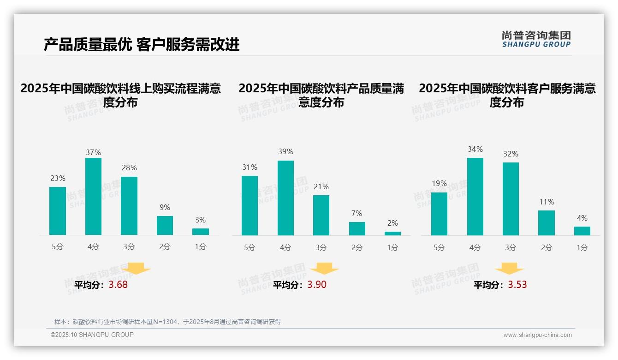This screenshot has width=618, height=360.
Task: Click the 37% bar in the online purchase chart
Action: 93,197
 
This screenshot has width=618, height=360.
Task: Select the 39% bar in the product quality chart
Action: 285,198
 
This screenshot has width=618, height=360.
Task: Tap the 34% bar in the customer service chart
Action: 475,197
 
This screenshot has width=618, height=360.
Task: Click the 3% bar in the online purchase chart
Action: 201,232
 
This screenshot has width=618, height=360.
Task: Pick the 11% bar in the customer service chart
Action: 547,223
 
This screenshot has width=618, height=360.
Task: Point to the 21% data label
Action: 321,187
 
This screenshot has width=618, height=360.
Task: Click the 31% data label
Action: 250,168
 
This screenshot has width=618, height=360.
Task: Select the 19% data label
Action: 439,184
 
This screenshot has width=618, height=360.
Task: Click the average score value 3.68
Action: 118,285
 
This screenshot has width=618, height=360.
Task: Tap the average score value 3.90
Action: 316,285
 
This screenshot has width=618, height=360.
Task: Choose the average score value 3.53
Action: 517,285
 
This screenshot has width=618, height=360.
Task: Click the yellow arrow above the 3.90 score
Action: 324,269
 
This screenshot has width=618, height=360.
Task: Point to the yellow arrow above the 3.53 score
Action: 509,269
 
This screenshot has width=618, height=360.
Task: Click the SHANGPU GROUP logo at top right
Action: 536,39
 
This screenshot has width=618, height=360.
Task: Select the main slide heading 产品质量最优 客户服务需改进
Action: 142,45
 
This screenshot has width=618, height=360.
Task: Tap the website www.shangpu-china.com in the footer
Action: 537,335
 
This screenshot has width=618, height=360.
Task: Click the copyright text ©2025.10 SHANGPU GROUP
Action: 92,335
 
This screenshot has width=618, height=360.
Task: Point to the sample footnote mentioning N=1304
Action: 167,322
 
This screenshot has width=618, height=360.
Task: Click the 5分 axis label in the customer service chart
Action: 439,248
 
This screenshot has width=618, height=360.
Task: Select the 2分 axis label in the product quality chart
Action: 357,248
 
